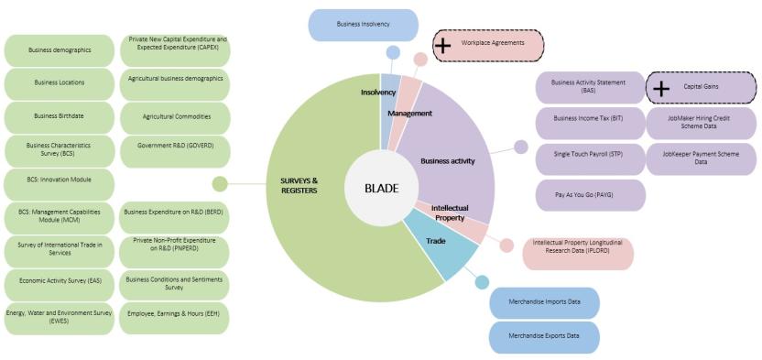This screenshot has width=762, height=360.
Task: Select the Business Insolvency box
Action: (x=362, y=25)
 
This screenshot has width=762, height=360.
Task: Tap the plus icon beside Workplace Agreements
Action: (x=442, y=45)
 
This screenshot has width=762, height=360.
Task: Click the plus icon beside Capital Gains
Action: (x=660, y=89)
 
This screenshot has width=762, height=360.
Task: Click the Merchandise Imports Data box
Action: (x=544, y=302)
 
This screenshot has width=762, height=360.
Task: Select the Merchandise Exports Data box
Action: (x=544, y=336)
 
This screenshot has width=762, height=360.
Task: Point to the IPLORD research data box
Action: (x=578, y=253)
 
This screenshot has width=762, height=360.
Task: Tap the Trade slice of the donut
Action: (x=437, y=242)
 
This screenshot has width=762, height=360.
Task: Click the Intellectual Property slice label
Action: (x=450, y=213)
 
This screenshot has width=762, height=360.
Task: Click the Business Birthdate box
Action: (x=60, y=116)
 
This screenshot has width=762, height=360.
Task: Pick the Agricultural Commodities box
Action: (x=175, y=117)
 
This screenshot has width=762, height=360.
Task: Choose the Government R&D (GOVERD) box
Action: (x=175, y=151)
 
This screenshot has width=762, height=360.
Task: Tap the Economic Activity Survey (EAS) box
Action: (x=60, y=283)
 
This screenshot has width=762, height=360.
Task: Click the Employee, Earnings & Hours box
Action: (x=175, y=317)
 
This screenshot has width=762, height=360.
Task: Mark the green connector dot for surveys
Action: (x=220, y=184)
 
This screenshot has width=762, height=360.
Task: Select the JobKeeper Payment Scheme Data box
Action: (x=701, y=158)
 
